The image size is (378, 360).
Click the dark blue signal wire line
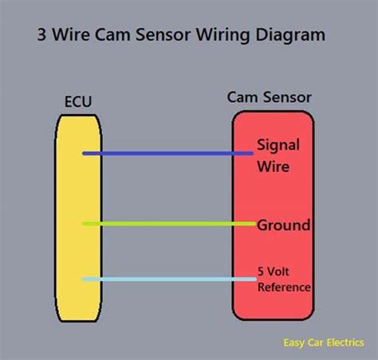click(x=167, y=153)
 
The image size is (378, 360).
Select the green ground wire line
click(x=167, y=224)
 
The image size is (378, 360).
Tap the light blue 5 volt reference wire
click(x=167, y=279)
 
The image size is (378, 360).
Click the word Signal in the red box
click(x=278, y=145)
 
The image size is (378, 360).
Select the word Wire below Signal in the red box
click(x=273, y=167)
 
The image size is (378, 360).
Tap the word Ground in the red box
click(x=283, y=225)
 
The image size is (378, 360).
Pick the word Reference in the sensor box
click(x=284, y=287)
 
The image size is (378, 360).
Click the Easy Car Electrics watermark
click(x=324, y=343)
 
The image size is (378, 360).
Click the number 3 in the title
click(x=41, y=36)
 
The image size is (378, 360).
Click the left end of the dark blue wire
click(x=85, y=153)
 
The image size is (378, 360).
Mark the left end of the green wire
click(x=85, y=224)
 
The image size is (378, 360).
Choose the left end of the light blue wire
click(x=85, y=279)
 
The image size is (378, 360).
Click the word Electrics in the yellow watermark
click(x=345, y=343)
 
